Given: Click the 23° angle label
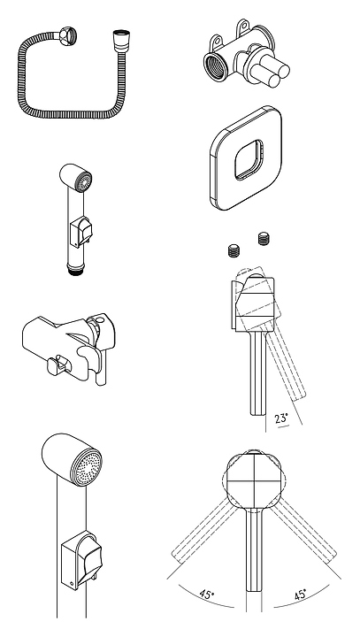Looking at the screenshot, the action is [x=280, y=418].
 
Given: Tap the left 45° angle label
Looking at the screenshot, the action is [x=207, y=595].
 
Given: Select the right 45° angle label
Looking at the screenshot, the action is [x=300, y=595].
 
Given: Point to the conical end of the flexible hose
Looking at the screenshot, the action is [x=121, y=38].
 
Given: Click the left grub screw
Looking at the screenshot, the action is [x=234, y=250].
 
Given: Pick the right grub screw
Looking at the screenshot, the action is [x=264, y=239].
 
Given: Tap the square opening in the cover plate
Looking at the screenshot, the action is [x=249, y=159].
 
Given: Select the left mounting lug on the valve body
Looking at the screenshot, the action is [x=217, y=41].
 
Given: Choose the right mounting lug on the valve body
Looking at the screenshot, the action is [x=243, y=25].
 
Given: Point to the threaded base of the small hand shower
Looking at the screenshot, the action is [x=75, y=270].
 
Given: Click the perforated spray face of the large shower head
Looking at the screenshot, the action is [x=86, y=467].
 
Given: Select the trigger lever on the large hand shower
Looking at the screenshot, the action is [x=89, y=557].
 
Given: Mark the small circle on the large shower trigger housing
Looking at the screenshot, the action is [x=73, y=584].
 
